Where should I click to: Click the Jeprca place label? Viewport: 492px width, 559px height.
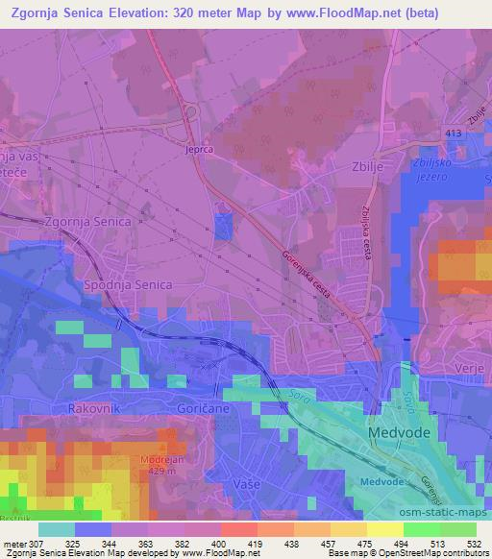click(x=200, y=150)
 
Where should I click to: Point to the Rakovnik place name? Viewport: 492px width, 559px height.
click(x=93, y=407)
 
